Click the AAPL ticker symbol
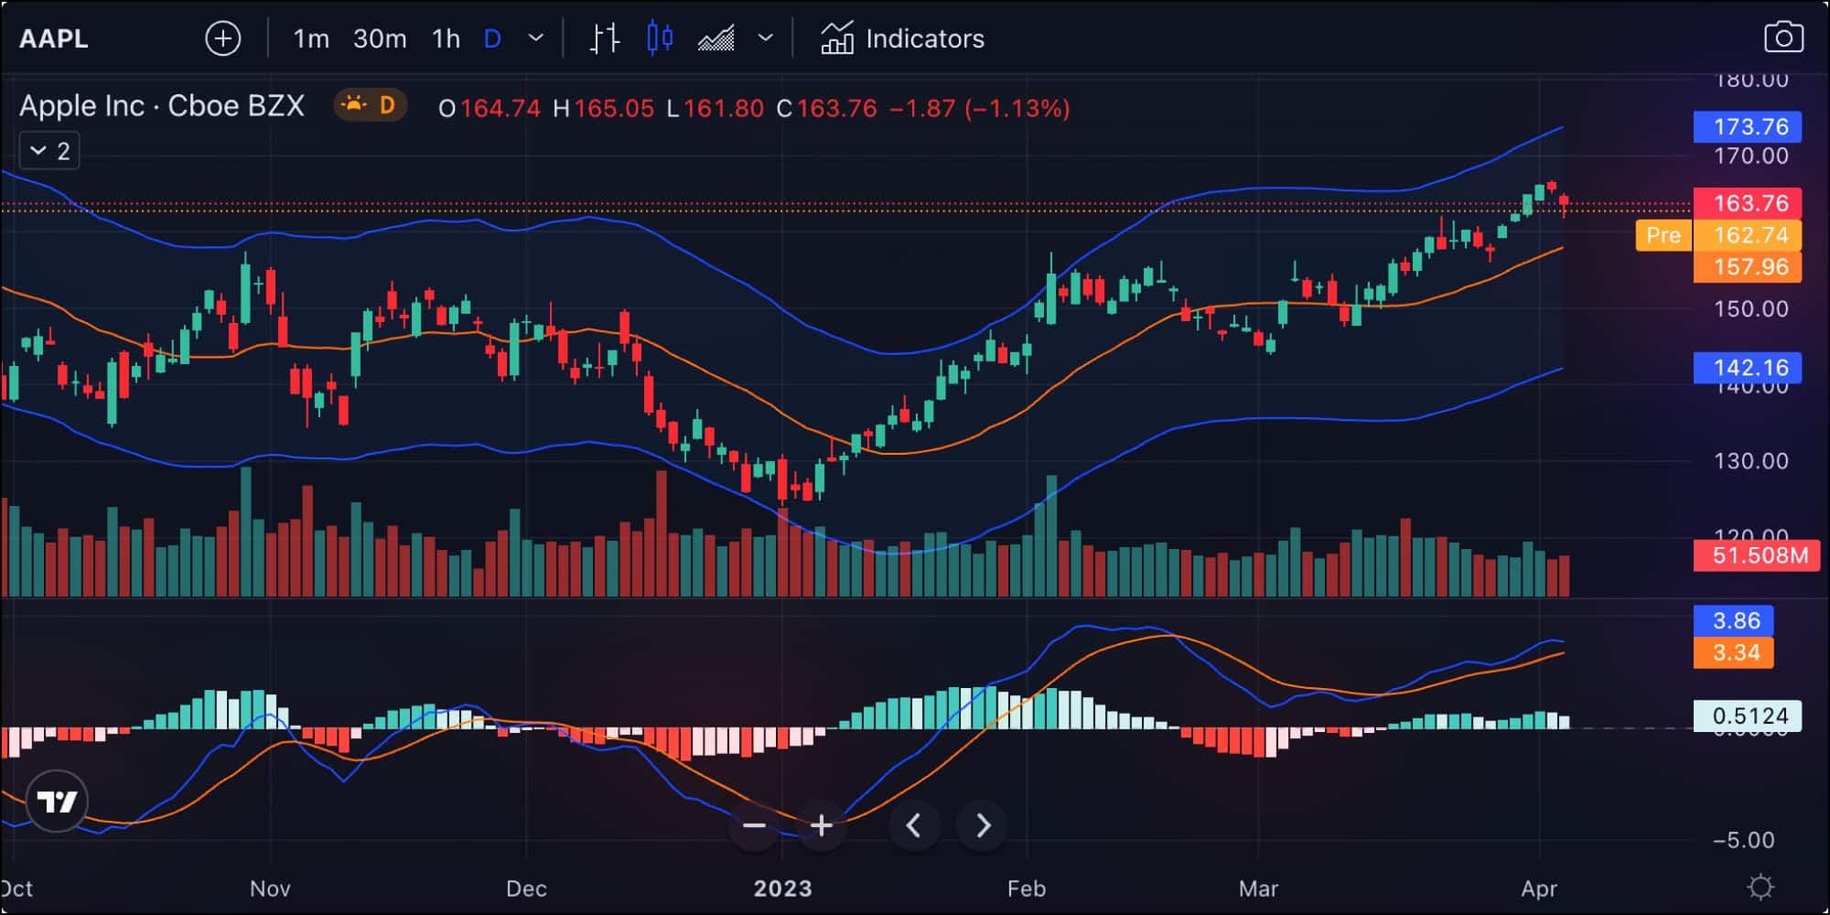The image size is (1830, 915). click(54, 38)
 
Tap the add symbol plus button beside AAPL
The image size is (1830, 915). click(223, 38)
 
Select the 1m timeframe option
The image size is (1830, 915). click(311, 38)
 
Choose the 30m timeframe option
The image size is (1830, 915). click(380, 38)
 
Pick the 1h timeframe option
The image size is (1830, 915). click(446, 38)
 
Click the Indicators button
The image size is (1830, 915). click(902, 38)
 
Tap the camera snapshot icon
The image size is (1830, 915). click(1782, 38)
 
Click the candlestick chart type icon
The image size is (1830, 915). click(660, 38)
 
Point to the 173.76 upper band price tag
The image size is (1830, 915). click(1747, 126)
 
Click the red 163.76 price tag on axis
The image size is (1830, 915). click(1747, 203)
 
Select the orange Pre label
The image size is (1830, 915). click(1663, 235)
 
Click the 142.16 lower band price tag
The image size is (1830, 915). click(1747, 368)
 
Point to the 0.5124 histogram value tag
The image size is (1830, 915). click(1747, 716)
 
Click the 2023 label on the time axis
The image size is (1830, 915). click(782, 888)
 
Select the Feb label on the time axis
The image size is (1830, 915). click(1026, 888)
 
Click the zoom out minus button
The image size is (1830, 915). click(754, 826)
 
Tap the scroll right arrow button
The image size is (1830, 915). click(983, 826)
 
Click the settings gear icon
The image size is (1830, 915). click(1760, 888)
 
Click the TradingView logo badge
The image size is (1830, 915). click(57, 802)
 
